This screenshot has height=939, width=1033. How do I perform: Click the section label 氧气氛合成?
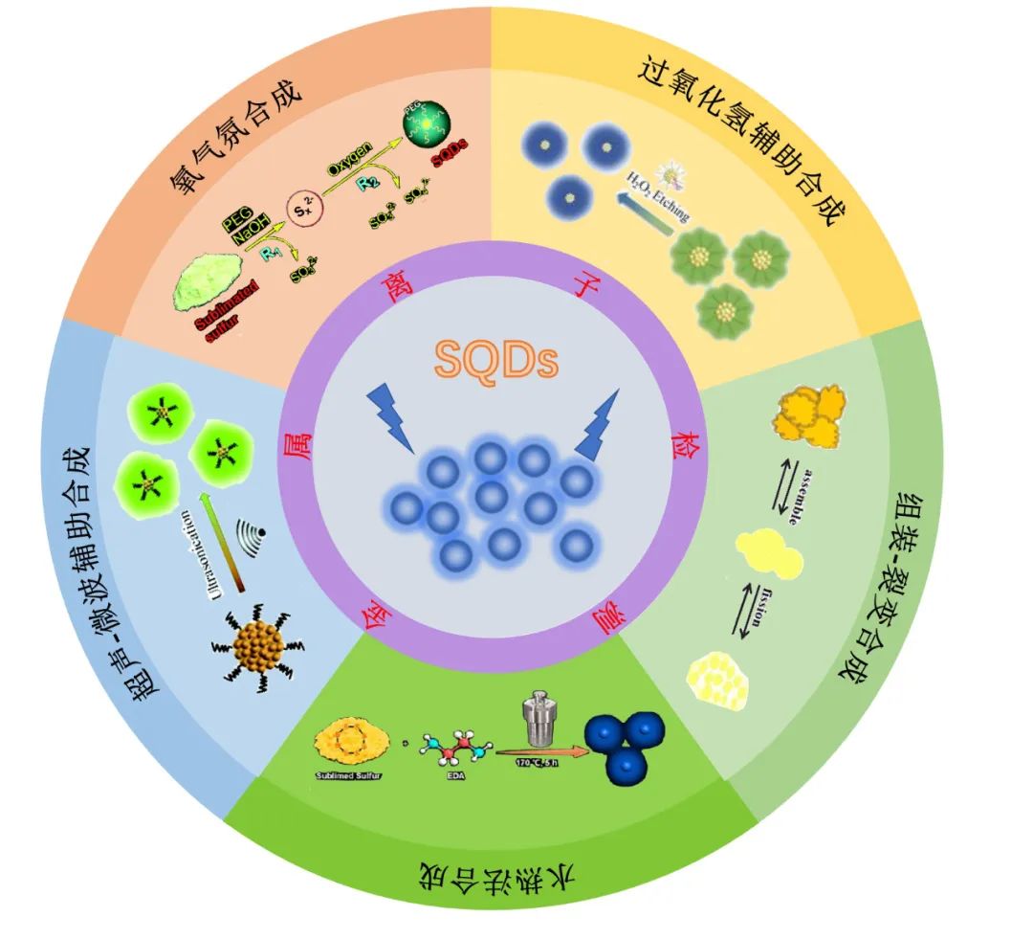point(237,136)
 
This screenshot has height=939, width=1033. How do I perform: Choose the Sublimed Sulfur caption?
point(349,774)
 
